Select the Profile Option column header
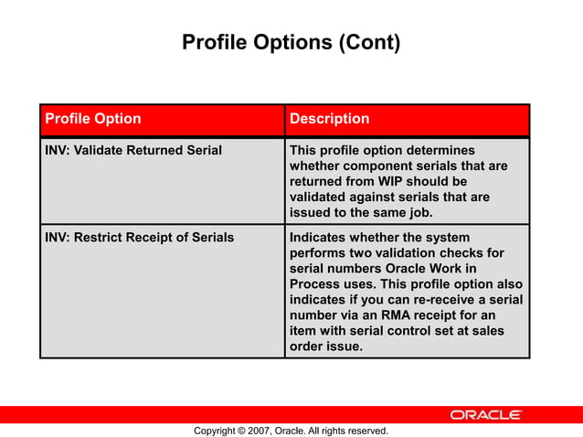coord(93,119)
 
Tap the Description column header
coord(329,119)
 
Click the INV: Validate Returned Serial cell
coord(133,150)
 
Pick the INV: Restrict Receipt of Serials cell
coord(139,238)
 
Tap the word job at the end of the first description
coord(419,212)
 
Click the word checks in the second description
coord(484,253)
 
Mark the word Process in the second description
coord(316,284)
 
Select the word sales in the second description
coord(485,331)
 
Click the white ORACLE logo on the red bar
coord(484,415)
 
